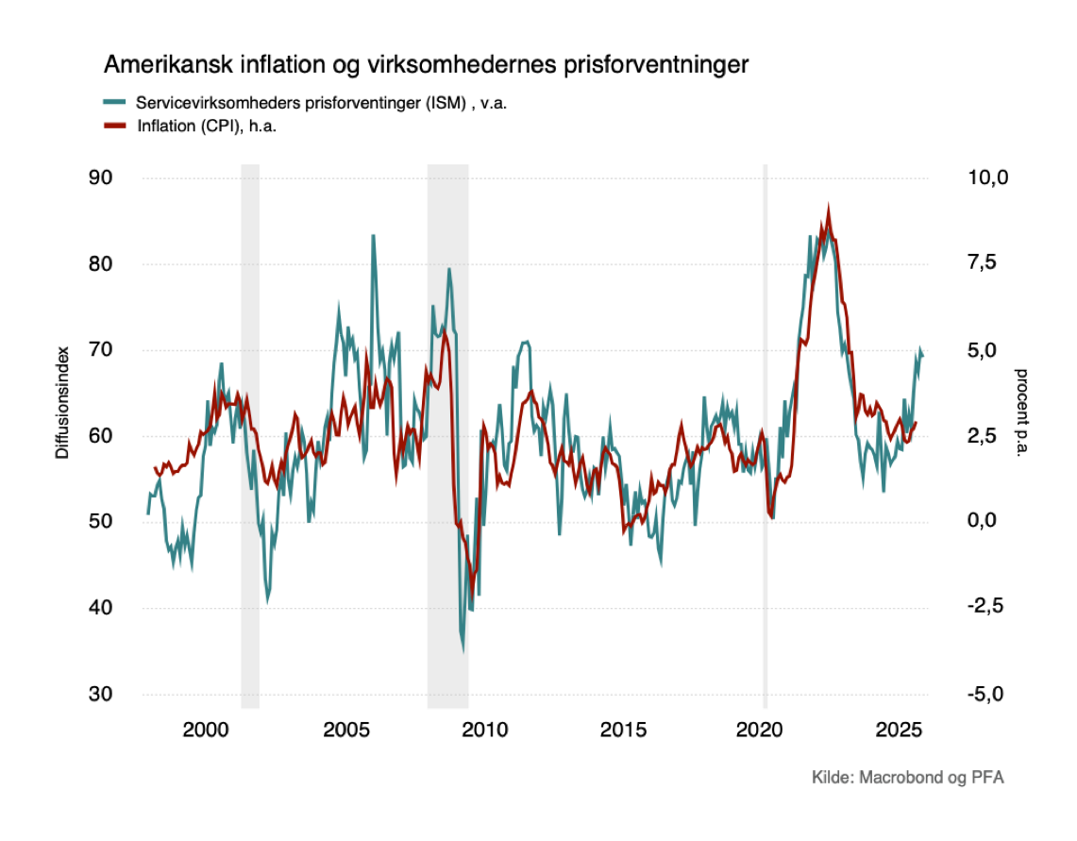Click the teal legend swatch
coord(114,102)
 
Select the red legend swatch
coord(114,125)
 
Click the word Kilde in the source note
coord(832,778)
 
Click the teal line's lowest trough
coord(463,649)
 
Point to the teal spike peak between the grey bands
coord(373,235)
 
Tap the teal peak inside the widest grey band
coord(449,270)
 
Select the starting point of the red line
coord(155,467)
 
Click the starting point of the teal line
coord(146,514)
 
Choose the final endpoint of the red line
coord(916,423)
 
